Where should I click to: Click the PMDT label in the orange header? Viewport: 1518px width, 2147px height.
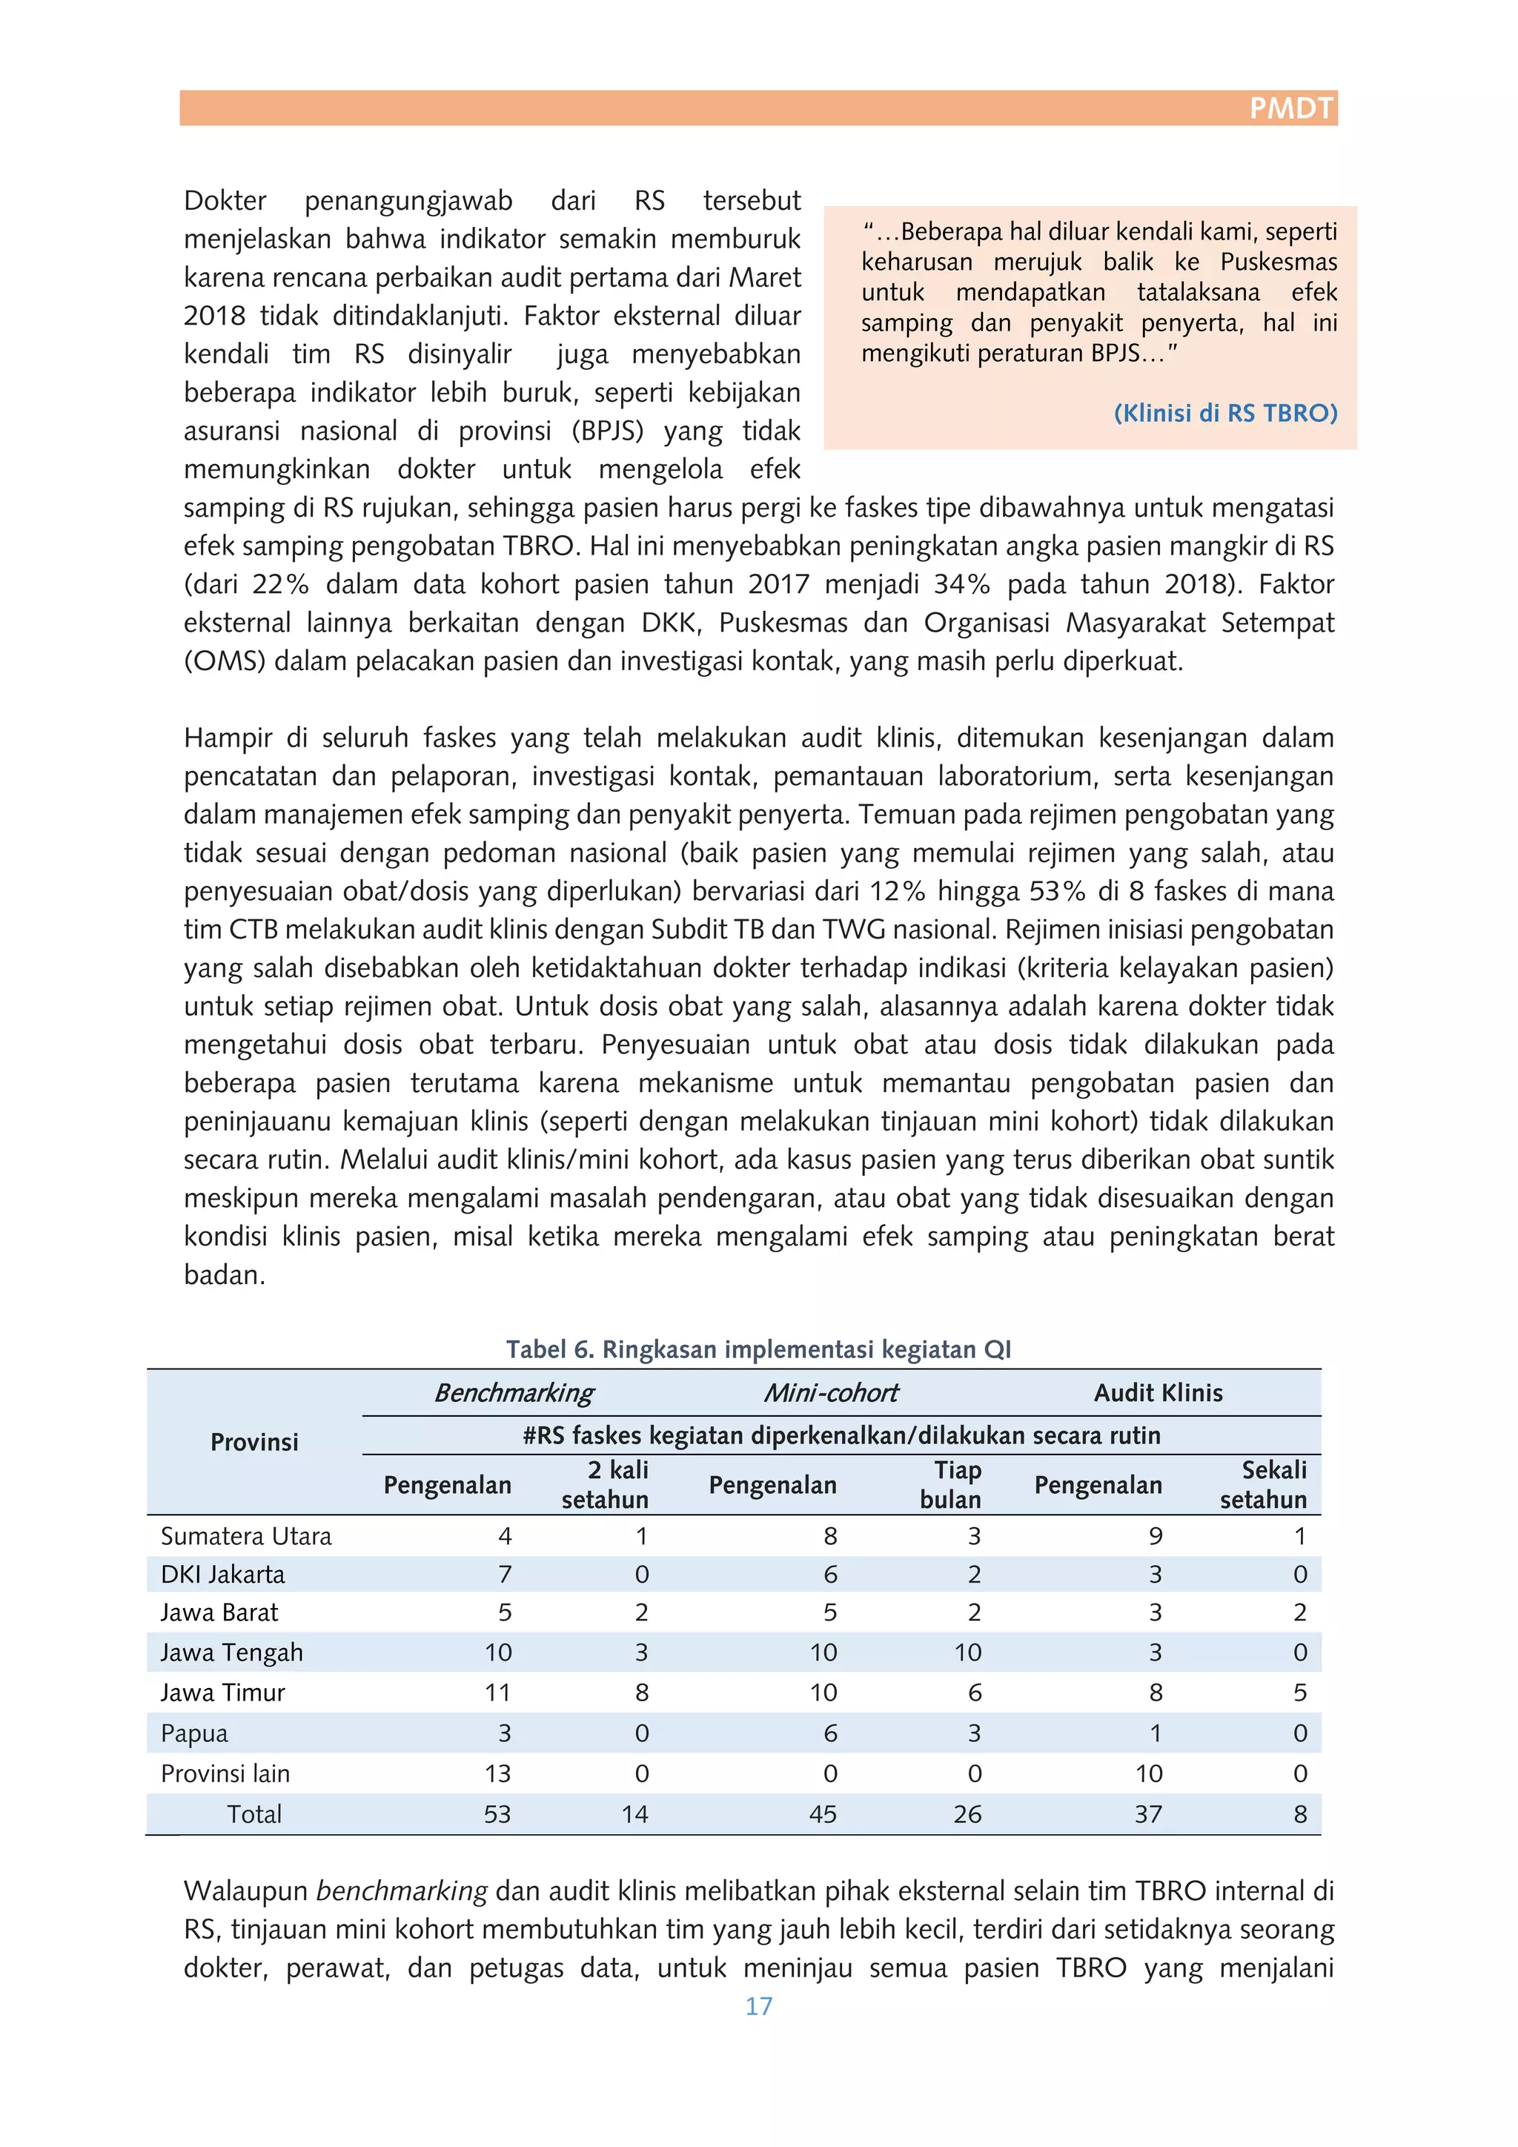pyautogui.click(x=1291, y=108)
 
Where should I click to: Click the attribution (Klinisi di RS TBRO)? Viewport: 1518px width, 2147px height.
pyautogui.click(x=1224, y=414)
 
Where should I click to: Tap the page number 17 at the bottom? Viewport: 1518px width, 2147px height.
pyautogui.click(x=758, y=2006)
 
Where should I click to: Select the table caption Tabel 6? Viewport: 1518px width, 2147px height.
pyautogui.click(x=758, y=1349)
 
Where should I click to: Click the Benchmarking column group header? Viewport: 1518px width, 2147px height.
pyautogui.click(x=514, y=1393)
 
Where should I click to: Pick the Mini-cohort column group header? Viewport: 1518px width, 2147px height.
pyautogui.click(x=830, y=1393)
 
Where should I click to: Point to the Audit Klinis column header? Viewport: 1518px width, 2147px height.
pyautogui.click(x=1157, y=1393)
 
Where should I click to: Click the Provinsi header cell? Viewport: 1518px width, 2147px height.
pyautogui.click(x=254, y=1442)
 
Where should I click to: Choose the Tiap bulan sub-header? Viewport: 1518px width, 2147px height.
pyautogui.click(x=951, y=1485)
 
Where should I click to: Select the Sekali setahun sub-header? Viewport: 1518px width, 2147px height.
pyautogui.click(x=1264, y=1485)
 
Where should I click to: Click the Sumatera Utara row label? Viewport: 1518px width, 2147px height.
pyautogui.click(x=246, y=1536)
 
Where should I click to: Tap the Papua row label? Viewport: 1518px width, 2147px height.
pyautogui.click(x=194, y=1733)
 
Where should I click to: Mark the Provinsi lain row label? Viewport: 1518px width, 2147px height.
pyautogui.click(x=225, y=1774)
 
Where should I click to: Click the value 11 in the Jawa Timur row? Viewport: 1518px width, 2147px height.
pyautogui.click(x=497, y=1693)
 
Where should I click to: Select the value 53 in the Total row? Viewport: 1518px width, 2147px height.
pyautogui.click(x=497, y=1814)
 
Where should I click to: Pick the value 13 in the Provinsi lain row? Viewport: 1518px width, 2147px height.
pyautogui.click(x=497, y=1774)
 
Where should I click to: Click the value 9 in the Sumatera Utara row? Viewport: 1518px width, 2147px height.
pyautogui.click(x=1156, y=1536)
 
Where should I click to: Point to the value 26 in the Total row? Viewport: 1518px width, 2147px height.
pyautogui.click(x=967, y=1814)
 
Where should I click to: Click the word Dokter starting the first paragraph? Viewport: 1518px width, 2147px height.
pyautogui.click(x=225, y=201)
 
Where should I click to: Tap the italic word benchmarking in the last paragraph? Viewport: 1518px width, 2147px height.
pyautogui.click(x=402, y=1890)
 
